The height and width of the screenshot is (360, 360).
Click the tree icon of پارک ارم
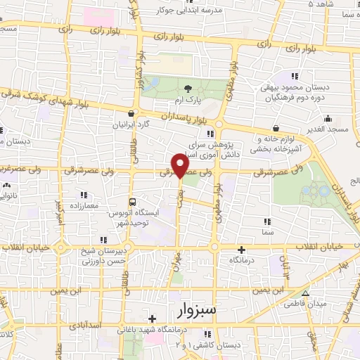tap(188, 88)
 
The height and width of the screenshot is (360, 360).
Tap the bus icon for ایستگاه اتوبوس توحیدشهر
tap(134, 201)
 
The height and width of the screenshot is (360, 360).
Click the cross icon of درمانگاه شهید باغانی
tap(152, 319)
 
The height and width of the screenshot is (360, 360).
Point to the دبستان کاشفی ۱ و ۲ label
tap(206, 345)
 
